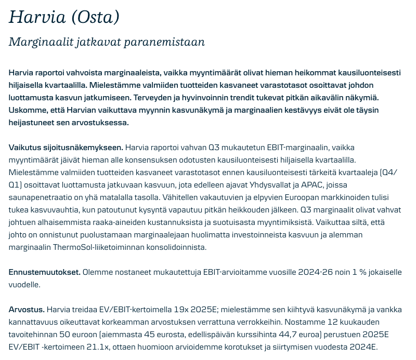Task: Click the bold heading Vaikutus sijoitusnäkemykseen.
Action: [x=66, y=148]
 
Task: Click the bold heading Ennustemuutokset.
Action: [x=44, y=272]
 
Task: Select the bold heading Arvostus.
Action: [x=27, y=310]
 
